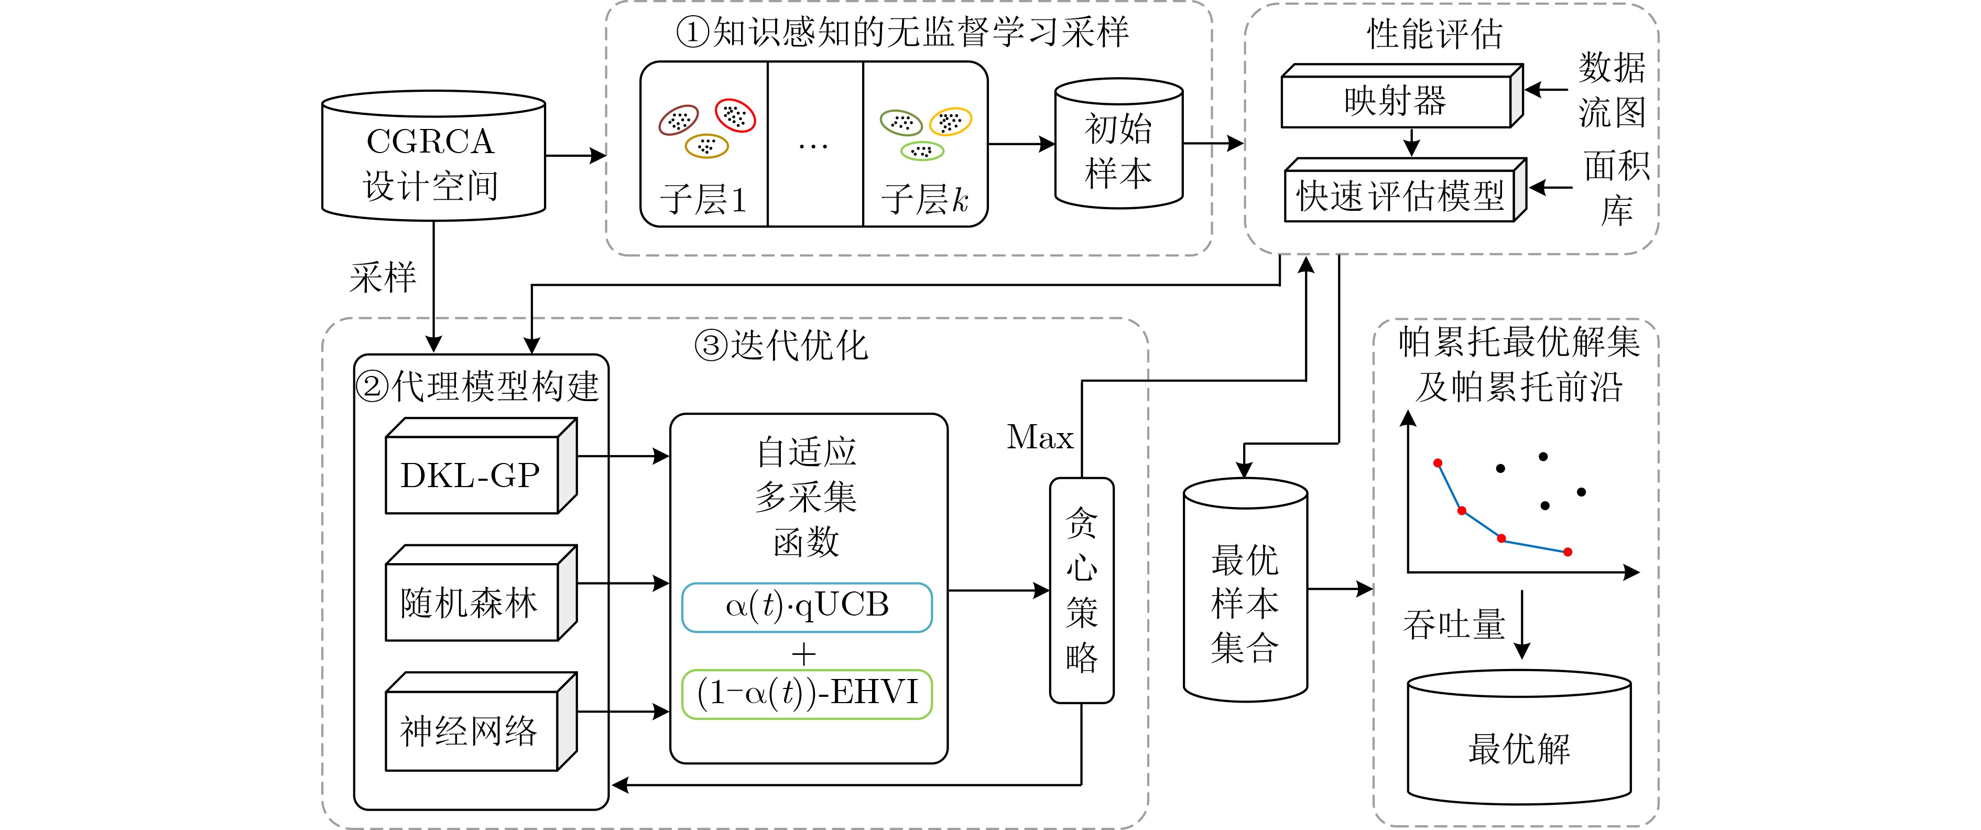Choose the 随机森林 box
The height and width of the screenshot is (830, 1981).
click(471, 602)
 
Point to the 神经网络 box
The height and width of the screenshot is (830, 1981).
click(471, 731)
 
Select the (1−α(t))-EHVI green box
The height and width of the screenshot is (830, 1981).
click(807, 694)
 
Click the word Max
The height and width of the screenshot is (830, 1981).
click(1040, 438)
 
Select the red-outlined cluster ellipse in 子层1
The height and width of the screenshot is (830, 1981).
click(735, 115)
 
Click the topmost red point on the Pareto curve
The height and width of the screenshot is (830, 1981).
click(1438, 463)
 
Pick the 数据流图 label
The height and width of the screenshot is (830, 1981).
click(1612, 90)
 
